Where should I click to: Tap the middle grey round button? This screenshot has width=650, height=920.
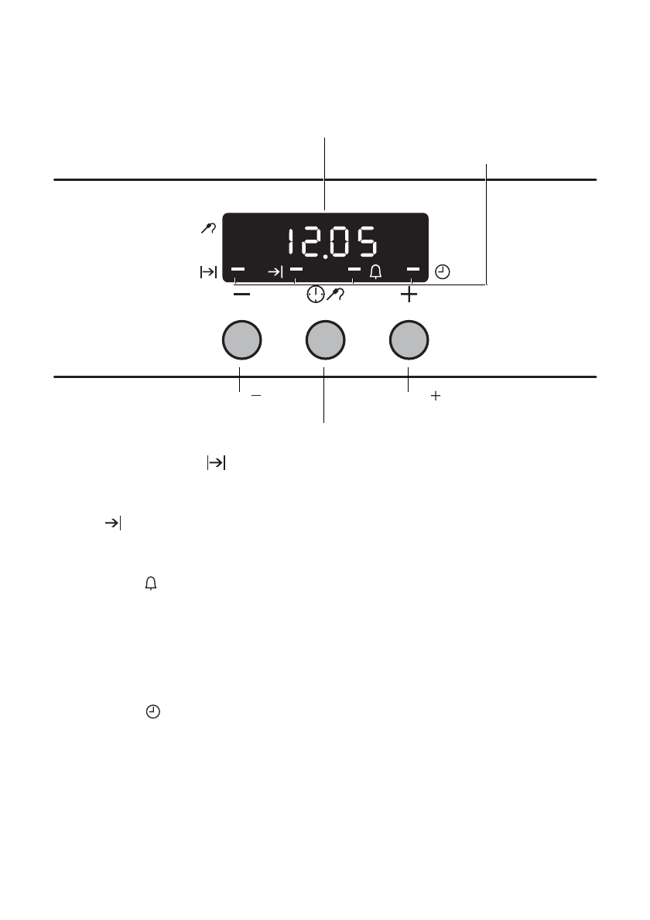[325, 339]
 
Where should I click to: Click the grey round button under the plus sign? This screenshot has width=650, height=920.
[409, 339]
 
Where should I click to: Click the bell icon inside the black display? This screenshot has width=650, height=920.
[375, 271]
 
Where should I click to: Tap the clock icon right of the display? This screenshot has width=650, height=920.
[442, 272]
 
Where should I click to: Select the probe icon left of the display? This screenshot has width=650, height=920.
[208, 228]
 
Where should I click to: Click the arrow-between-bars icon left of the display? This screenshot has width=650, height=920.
[208, 272]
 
